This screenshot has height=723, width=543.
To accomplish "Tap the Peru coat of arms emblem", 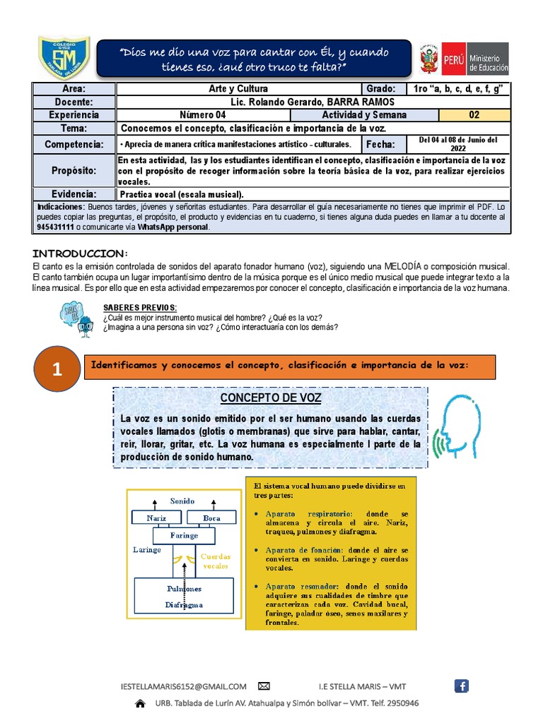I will [429, 59].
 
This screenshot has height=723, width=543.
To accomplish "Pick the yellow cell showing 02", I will [474, 115].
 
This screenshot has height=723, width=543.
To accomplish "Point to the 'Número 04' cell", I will [202, 115].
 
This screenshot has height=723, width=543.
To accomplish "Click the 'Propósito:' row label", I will [74, 171].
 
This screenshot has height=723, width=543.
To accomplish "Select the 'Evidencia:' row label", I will [74, 193].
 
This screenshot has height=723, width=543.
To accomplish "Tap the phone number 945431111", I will [55, 227].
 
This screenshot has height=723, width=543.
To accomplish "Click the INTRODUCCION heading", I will [80, 253].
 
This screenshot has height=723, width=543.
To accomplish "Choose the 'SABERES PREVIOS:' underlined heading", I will [140, 308].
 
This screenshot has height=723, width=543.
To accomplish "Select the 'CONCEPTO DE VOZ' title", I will [271, 398].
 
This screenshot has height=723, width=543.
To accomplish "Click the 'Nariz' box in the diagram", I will [157, 518].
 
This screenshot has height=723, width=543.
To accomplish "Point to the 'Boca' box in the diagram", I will [211, 518].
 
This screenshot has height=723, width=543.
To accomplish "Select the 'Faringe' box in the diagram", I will [185, 535].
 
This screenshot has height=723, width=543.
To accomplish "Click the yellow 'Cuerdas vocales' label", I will [216, 561].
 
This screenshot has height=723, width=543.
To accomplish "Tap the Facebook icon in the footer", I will [461, 686].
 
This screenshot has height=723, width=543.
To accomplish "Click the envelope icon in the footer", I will [264, 686].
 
